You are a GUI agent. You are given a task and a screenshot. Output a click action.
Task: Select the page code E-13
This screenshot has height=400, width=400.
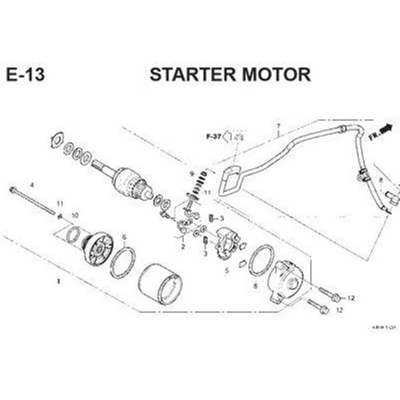point(26,74)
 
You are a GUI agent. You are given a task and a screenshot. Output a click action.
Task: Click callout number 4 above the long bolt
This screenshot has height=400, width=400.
point(31,184)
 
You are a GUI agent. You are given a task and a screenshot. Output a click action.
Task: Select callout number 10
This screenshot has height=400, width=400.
point(75,214)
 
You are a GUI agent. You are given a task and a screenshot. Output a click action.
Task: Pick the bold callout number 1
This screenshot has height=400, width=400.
point(58,280)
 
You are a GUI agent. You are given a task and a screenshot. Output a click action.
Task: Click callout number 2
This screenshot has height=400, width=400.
point(183,247)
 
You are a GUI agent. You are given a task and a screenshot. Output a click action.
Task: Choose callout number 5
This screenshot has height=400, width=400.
point(226,271)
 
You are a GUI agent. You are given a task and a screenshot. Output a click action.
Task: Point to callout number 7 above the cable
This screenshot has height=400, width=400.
point(279,126)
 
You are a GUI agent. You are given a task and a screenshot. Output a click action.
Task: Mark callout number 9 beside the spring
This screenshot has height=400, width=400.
point(192,174)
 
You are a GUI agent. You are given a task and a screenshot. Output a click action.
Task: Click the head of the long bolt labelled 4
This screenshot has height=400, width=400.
point(12,190)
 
